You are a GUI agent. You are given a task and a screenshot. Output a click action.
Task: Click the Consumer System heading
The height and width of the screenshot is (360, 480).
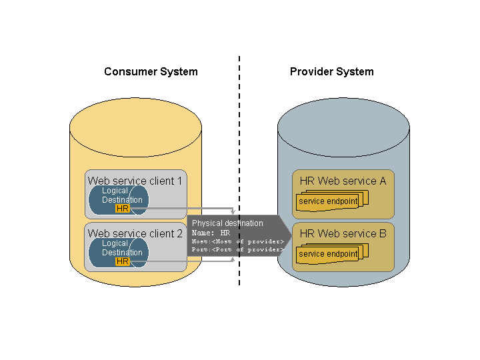point(151,72)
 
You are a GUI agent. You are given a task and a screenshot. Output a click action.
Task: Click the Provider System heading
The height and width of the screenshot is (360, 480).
point(331,72)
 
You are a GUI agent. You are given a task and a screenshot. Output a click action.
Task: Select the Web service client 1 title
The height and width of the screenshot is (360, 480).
point(135,181)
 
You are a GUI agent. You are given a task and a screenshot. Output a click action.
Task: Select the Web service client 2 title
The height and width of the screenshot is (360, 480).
point(135,233)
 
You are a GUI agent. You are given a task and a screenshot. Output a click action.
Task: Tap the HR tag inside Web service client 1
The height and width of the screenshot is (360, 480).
point(123,209)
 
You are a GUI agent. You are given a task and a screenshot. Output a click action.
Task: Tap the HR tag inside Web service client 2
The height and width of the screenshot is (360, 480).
point(123,261)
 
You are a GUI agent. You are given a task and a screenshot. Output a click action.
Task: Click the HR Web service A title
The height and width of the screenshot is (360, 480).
point(343,181)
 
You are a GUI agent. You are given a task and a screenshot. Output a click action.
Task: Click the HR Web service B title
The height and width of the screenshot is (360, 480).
point(343,233)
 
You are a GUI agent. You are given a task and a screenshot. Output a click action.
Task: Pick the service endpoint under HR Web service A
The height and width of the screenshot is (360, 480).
point(328,201)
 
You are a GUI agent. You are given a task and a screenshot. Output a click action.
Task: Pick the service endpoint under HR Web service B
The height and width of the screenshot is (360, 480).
point(328,254)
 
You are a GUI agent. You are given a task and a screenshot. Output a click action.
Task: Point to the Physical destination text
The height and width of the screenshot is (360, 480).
point(227,223)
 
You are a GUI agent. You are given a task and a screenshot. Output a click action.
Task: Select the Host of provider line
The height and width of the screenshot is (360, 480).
point(238,241)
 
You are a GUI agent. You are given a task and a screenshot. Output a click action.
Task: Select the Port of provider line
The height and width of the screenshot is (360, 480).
point(238,249)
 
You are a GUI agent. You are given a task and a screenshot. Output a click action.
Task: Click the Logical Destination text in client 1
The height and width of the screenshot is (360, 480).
point(121,195)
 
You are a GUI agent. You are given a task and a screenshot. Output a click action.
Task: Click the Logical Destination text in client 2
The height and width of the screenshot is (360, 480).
point(121,248)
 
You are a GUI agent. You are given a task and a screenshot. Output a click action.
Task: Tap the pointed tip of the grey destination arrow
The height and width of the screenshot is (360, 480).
point(292,235)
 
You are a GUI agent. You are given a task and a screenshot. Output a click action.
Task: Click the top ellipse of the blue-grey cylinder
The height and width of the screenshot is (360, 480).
point(343,127)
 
